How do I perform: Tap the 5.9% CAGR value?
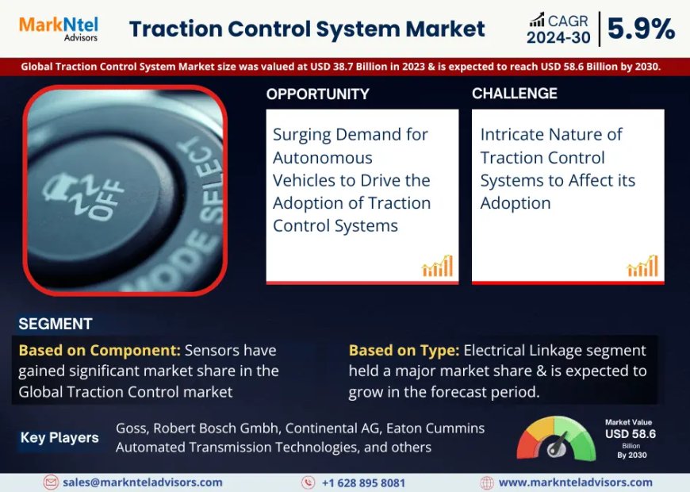(641, 29)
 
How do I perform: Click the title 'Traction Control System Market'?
(307, 29)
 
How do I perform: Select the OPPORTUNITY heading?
(317, 94)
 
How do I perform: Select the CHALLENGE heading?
(514, 94)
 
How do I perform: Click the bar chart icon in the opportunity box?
(437, 267)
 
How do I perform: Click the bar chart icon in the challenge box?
(642, 267)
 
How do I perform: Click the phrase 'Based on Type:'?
(404, 350)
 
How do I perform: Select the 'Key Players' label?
(59, 437)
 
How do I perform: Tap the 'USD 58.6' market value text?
(631, 434)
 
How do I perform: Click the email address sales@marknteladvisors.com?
(143, 482)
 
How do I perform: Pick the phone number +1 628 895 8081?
(363, 482)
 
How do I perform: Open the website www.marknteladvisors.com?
(575, 482)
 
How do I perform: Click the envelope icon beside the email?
(51, 482)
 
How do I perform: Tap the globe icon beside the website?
(487, 482)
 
